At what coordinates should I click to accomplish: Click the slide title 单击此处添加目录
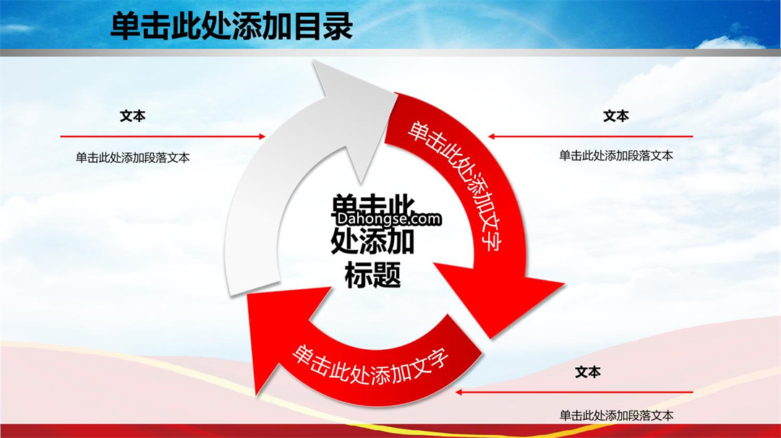(231, 26)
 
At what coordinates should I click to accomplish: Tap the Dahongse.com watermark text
(388, 218)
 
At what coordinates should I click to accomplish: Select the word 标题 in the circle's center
(372, 275)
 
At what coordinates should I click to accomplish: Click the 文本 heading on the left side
(132, 116)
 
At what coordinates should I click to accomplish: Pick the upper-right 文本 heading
(615, 116)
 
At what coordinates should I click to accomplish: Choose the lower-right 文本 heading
(588, 372)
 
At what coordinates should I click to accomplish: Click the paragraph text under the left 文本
(132, 158)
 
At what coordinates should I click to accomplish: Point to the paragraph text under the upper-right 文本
(615, 156)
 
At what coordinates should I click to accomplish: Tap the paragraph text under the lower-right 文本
(616, 415)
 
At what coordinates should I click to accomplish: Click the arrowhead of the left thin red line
(262, 136)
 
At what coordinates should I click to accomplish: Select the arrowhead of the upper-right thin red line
(491, 136)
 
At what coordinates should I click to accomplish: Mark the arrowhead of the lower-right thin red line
(459, 392)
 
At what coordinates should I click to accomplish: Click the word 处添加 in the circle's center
(372, 241)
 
